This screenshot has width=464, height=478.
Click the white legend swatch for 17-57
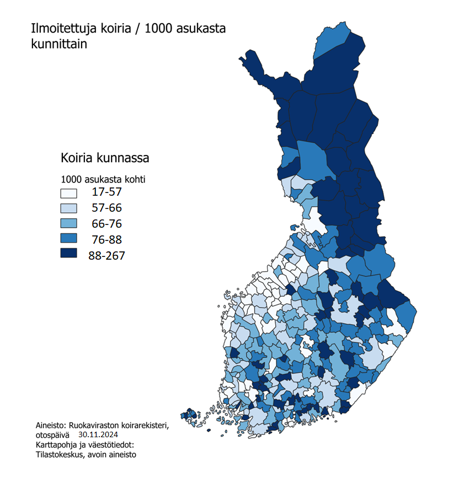(68, 194)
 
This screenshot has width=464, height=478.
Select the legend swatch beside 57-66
(68, 209)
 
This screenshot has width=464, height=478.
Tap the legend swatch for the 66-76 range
(68, 224)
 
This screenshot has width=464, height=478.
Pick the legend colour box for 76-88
(68, 240)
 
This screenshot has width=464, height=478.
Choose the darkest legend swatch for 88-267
(68, 255)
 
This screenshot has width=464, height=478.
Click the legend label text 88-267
(106, 255)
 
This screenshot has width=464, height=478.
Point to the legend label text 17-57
(106, 192)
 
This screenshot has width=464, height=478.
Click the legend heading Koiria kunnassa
(105, 159)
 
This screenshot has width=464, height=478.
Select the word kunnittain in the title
(59, 45)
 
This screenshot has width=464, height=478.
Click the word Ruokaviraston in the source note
(99, 425)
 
